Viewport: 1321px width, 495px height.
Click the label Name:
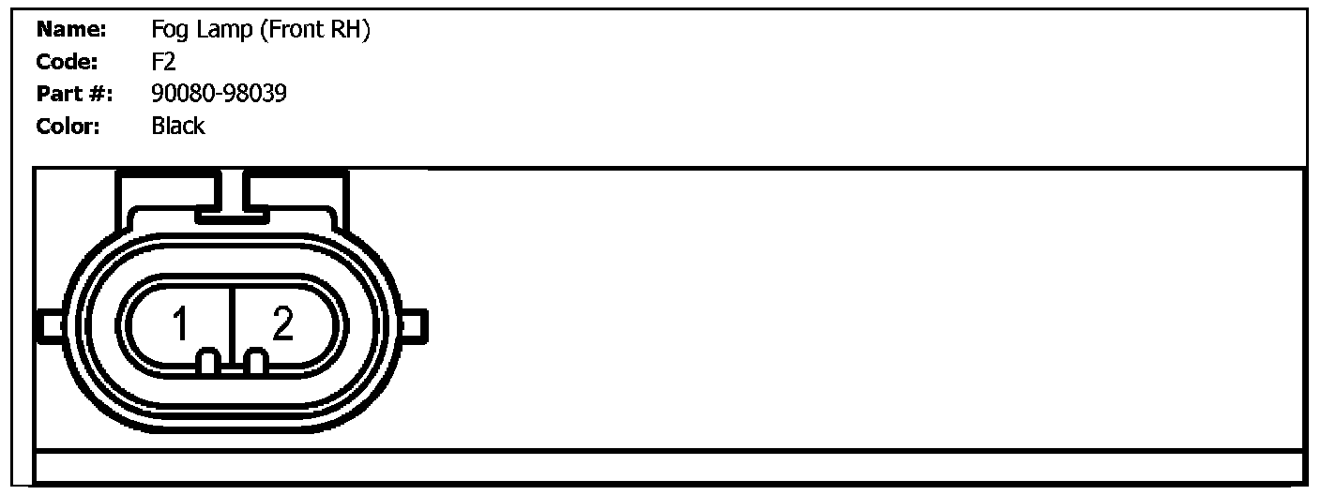[x=72, y=31]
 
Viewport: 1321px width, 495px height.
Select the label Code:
[x=67, y=63]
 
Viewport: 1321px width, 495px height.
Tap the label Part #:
[x=74, y=95]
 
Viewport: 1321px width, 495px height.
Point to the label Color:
[x=68, y=127]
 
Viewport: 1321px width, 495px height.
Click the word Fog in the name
[x=169, y=31]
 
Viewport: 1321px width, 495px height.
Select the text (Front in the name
[x=294, y=31]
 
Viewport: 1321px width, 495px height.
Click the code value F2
[x=163, y=63]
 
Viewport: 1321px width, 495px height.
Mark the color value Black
[x=177, y=127]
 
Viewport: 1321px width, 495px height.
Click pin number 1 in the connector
[x=181, y=325]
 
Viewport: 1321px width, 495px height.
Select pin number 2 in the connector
[x=282, y=324]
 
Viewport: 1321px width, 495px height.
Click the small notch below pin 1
[x=211, y=362]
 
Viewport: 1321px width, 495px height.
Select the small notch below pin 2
[x=254, y=362]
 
